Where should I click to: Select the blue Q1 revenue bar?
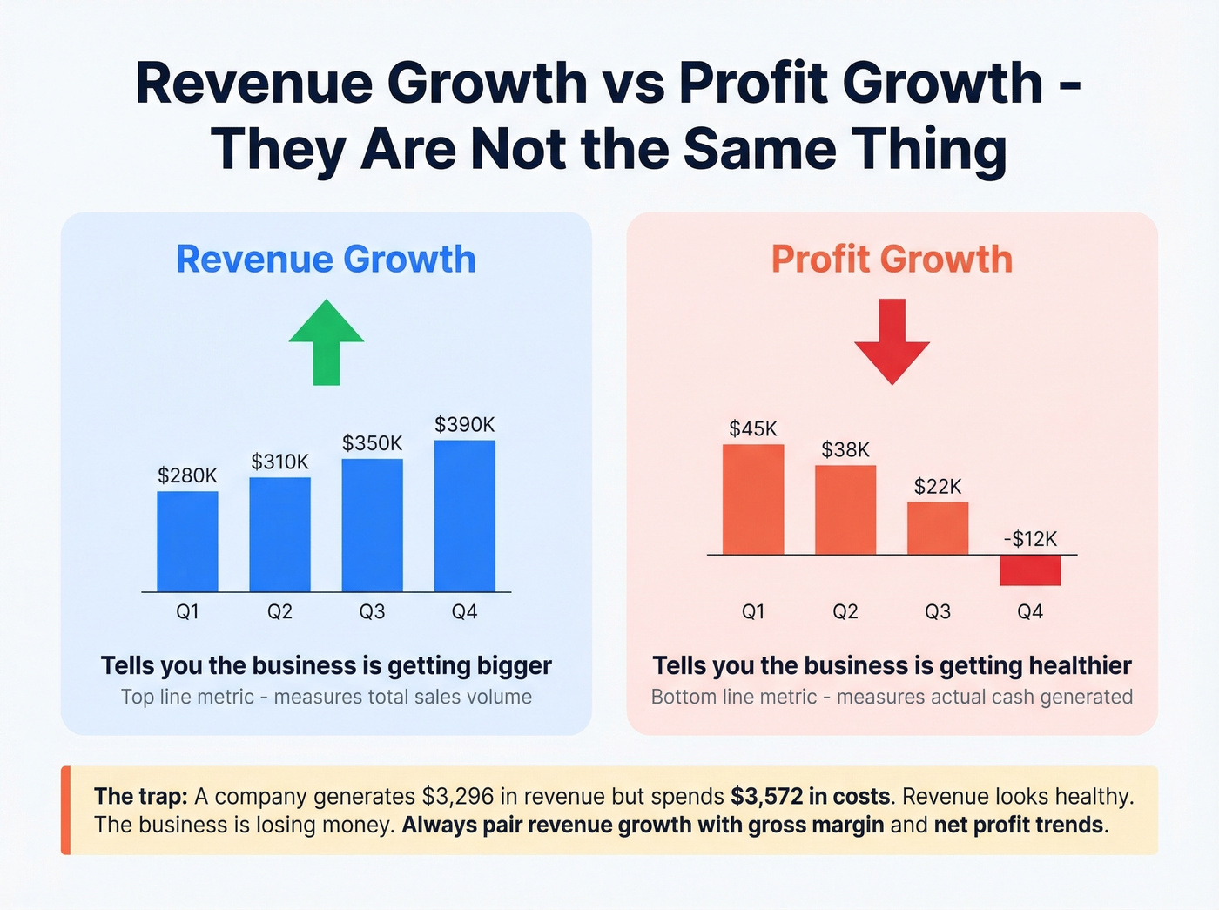187,542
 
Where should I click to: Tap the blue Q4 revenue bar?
464,516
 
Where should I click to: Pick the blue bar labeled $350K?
372,525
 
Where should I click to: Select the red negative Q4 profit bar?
1029,570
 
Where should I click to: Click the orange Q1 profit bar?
753,499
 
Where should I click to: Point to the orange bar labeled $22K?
937,528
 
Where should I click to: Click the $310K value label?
279,462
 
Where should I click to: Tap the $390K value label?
464,424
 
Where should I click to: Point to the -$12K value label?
1029,539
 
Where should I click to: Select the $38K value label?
845,449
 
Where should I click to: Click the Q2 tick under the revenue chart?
279,611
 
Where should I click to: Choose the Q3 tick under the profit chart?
937,611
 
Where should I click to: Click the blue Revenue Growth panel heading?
326,260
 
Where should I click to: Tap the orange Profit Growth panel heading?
892,260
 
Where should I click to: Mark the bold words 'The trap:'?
140,796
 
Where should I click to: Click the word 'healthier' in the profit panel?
1080,665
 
